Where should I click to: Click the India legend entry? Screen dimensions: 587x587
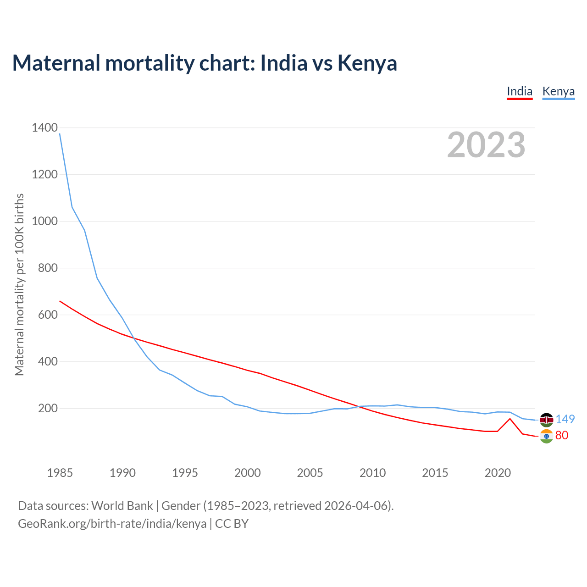[x=520, y=92]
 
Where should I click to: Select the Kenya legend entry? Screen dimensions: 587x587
[x=558, y=92]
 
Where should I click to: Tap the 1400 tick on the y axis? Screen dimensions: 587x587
[x=45, y=128]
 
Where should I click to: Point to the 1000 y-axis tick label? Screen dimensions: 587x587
[x=45, y=222]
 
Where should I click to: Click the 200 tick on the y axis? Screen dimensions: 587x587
[x=48, y=409]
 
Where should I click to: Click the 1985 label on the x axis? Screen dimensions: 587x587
[x=60, y=473]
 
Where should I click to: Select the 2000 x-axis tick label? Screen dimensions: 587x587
[x=248, y=473]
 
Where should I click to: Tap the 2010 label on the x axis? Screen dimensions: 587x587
[x=372, y=473]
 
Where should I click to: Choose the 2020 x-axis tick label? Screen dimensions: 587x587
[x=498, y=473]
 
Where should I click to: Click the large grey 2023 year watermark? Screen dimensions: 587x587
[x=486, y=145]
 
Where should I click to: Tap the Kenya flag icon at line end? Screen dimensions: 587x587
[x=546, y=420]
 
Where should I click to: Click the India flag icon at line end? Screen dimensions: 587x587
[x=546, y=436]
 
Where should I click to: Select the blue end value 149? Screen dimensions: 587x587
[x=565, y=420]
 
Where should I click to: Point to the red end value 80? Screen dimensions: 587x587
[x=562, y=436]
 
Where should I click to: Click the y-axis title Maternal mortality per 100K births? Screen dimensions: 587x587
[x=20, y=284]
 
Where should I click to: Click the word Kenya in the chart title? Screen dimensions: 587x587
[x=367, y=63]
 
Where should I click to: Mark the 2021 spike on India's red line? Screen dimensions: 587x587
[x=510, y=419]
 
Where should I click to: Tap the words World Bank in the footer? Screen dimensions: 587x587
[x=122, y=506]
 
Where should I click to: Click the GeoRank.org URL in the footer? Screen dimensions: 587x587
[x=112, y=524]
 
